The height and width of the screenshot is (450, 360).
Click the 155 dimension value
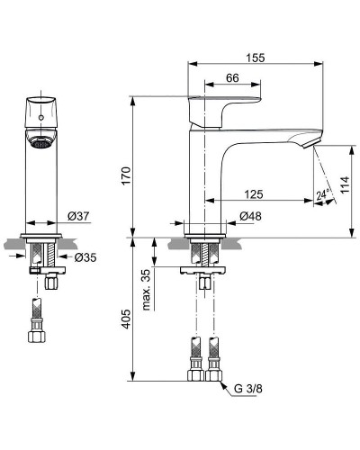point(256,56)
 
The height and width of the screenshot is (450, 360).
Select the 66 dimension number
point(231,79)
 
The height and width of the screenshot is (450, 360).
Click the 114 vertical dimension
point(344,186)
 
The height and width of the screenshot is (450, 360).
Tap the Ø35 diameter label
point(85,258)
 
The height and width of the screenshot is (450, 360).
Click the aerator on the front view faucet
point(41,141)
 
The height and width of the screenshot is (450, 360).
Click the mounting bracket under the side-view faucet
point(206,269)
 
